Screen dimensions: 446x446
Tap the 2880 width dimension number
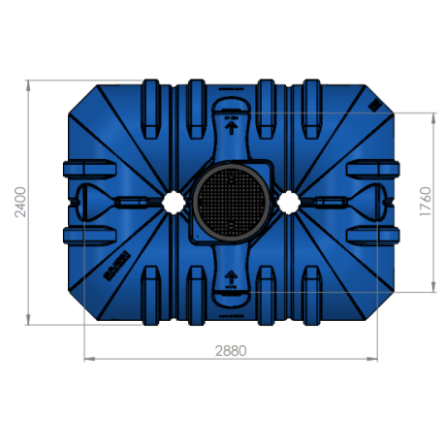coord(231,349)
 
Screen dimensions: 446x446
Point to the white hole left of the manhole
coord(174,201)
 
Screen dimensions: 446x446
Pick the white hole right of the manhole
coord(288,201)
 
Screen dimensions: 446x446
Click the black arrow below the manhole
coord(231,281)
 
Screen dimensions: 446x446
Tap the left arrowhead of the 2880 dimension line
coord(90,360)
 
